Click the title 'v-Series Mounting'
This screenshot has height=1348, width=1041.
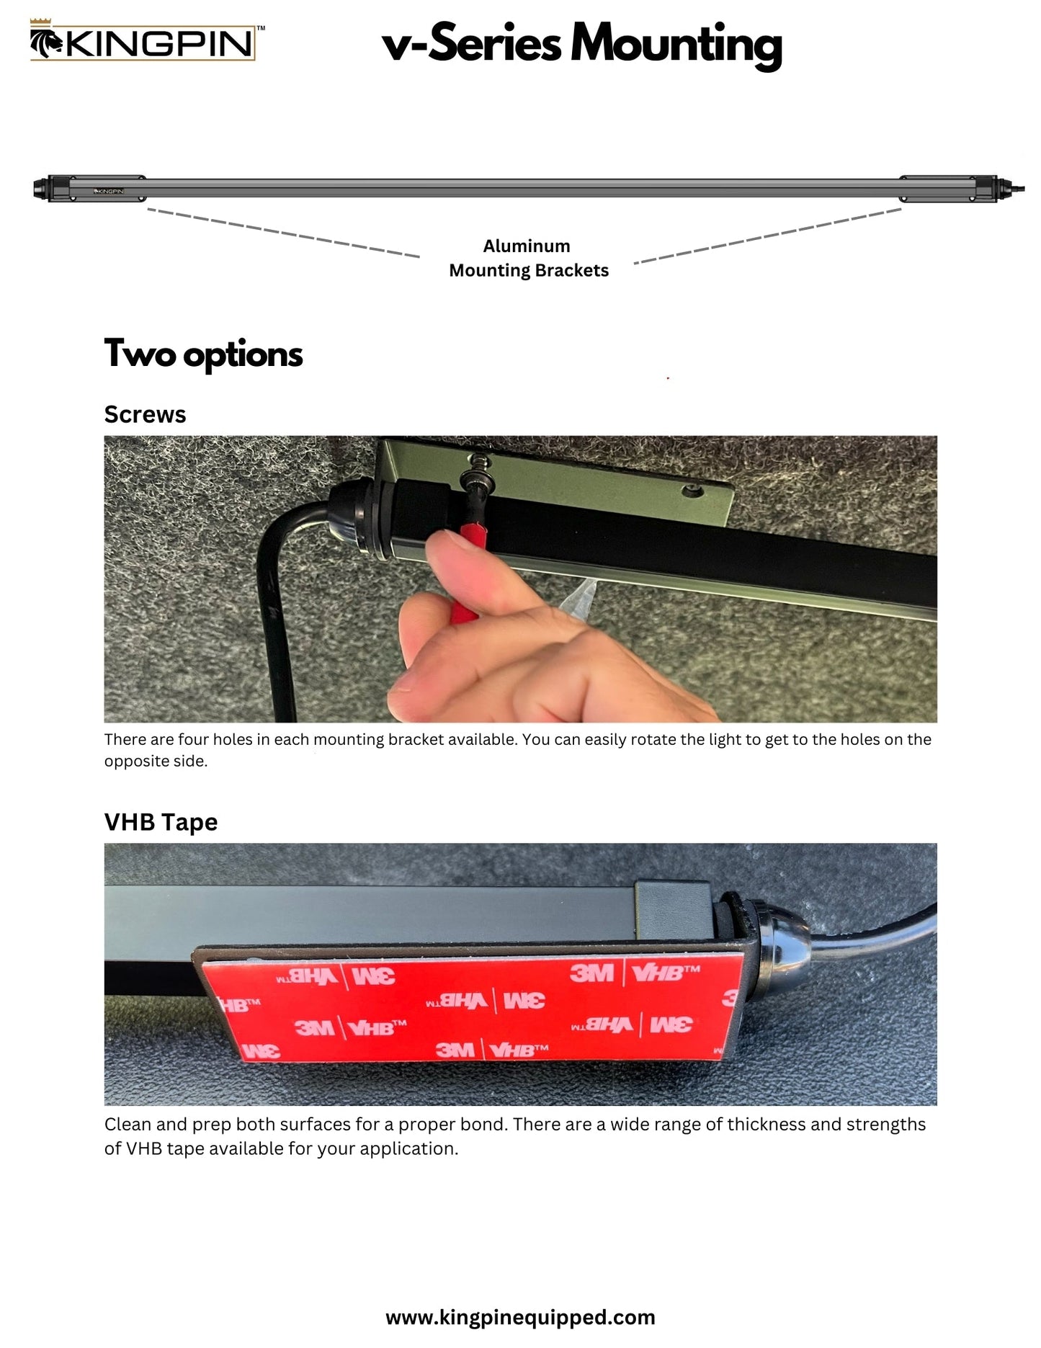(x=581, y=45)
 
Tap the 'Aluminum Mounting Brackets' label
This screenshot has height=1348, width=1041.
(x=528, y=258)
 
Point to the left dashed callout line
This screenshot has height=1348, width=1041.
(x=283, y=233)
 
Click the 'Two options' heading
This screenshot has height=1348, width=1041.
(x=203, y=354)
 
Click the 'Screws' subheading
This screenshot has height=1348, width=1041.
(x=145, y=414)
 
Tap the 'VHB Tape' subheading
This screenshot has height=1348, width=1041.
(x=161, y=822)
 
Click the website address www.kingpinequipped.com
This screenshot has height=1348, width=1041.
(x=520, y=1317)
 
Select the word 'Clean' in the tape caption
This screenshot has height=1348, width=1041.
(x=128, y=1124)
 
